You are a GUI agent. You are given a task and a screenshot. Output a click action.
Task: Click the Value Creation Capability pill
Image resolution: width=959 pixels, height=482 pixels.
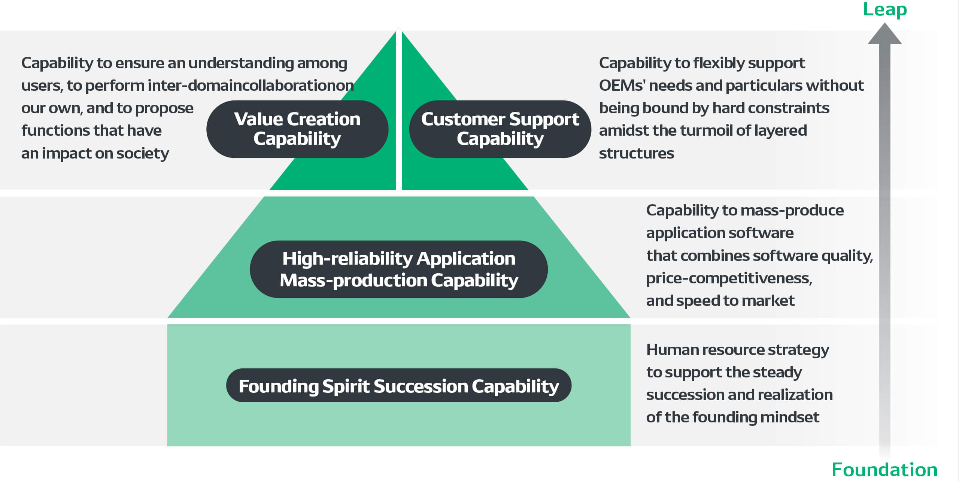pos(297,129)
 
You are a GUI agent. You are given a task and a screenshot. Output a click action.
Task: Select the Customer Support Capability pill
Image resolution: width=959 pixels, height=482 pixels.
pos(500,129)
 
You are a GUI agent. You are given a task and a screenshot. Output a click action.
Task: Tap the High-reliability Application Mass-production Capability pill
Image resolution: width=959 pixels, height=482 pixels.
pos(399,269)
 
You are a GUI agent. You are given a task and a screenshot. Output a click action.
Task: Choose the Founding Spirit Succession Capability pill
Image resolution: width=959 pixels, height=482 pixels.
pos(399,385)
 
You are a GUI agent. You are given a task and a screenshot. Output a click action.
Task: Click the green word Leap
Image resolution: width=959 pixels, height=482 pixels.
pos(885,9)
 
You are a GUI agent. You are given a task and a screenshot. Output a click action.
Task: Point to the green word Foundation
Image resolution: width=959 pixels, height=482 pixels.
pos(884,470)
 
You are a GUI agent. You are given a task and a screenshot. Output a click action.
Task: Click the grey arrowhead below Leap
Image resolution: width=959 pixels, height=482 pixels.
pos(885,33)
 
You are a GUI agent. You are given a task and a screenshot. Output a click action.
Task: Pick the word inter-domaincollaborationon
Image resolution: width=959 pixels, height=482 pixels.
pos(251,85)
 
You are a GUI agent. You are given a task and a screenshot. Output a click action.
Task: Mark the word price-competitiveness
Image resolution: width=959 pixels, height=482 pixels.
pos(729,278)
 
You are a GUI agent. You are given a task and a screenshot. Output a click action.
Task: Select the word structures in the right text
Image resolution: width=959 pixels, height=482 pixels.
pos(637,153)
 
